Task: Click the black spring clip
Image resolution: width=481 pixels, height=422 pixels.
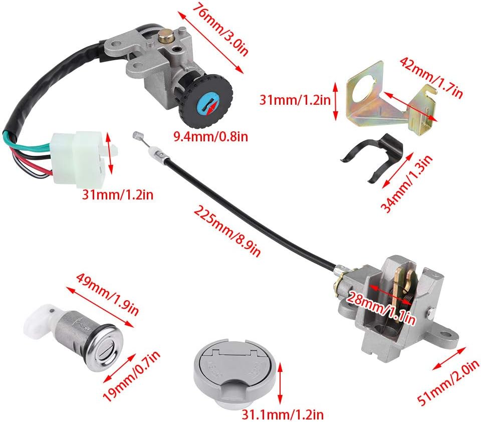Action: click(x=375, y=155)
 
